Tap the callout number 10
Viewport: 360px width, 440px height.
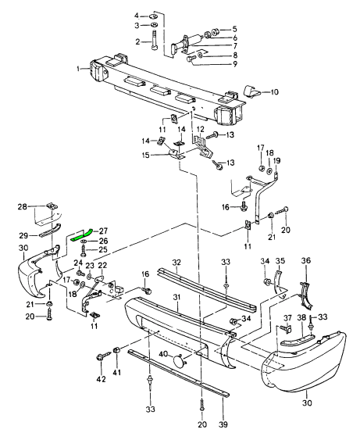(x=274, y=91)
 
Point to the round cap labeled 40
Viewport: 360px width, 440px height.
(x=179, y=361)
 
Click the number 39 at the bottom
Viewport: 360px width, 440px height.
(x=224, y=424)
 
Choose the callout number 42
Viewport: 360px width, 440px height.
(x=101, y=379)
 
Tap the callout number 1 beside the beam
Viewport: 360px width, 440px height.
(x=78, y=69)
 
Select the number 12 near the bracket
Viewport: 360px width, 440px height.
(x=201, y=130)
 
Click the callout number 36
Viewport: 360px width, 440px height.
(x=306, y=260)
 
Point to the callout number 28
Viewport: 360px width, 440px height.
(x=23, y=207)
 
